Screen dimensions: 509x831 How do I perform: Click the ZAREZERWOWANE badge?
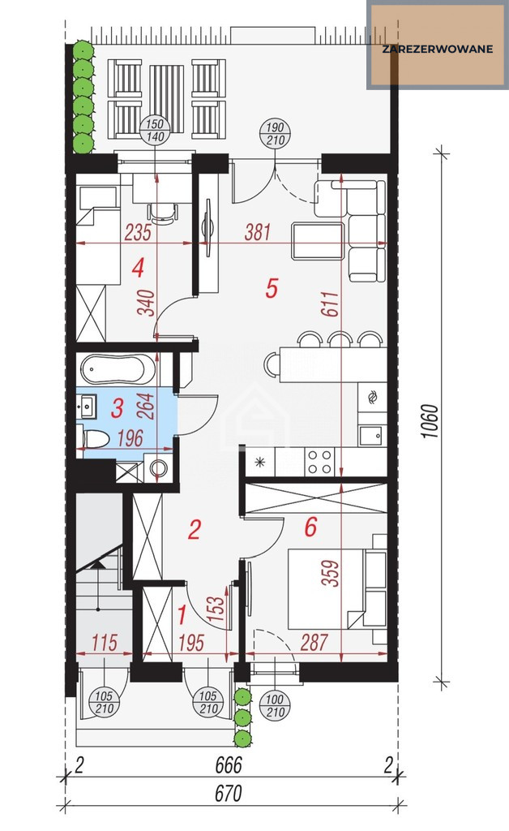[x=437, y=45]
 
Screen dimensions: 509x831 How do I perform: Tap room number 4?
[x=138, y=268]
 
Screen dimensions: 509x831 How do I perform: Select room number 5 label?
[x=272, y=288]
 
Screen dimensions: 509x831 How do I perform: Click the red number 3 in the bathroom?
[x=118, y=408]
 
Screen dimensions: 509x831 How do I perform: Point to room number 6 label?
[x=310, y=527]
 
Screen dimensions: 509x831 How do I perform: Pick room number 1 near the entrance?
[x=182, y=615]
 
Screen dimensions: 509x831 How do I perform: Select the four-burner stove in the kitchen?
[x=319, y=461]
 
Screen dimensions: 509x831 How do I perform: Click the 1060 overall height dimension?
[x=431, y=421]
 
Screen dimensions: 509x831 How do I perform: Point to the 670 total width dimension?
[x=229, y=794]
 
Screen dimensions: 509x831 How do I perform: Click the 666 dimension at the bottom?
[x=229, y=764]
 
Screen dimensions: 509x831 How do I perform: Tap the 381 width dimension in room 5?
[x=258, y=232]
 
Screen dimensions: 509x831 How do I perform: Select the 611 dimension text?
[x=330, y=304]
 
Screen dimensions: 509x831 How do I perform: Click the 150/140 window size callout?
[x=155, y=131]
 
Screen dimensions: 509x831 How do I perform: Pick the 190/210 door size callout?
[x=275, y=134]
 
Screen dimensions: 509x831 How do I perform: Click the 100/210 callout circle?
[x=275, y=706]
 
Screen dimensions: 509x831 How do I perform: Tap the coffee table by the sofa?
[x=318, y=241]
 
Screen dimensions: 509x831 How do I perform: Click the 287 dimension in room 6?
[x=314, y=643]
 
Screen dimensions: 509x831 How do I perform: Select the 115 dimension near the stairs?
[x=105, y=643]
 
